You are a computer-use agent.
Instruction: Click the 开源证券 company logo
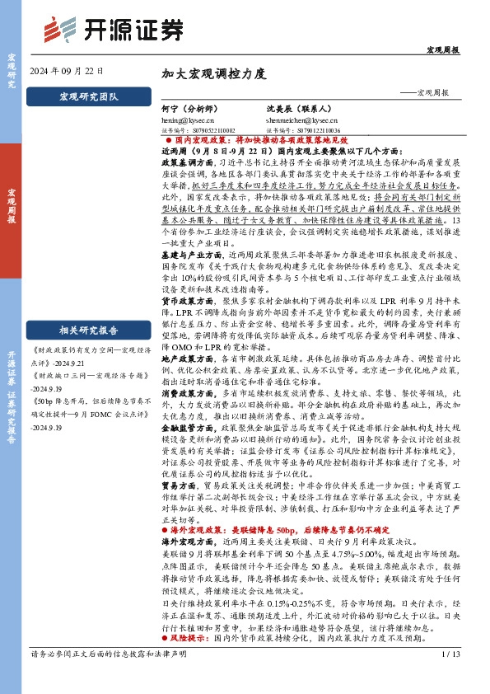(113, 30)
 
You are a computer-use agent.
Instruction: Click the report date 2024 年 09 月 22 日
(67, 71)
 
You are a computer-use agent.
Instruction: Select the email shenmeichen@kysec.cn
(297, 120)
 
